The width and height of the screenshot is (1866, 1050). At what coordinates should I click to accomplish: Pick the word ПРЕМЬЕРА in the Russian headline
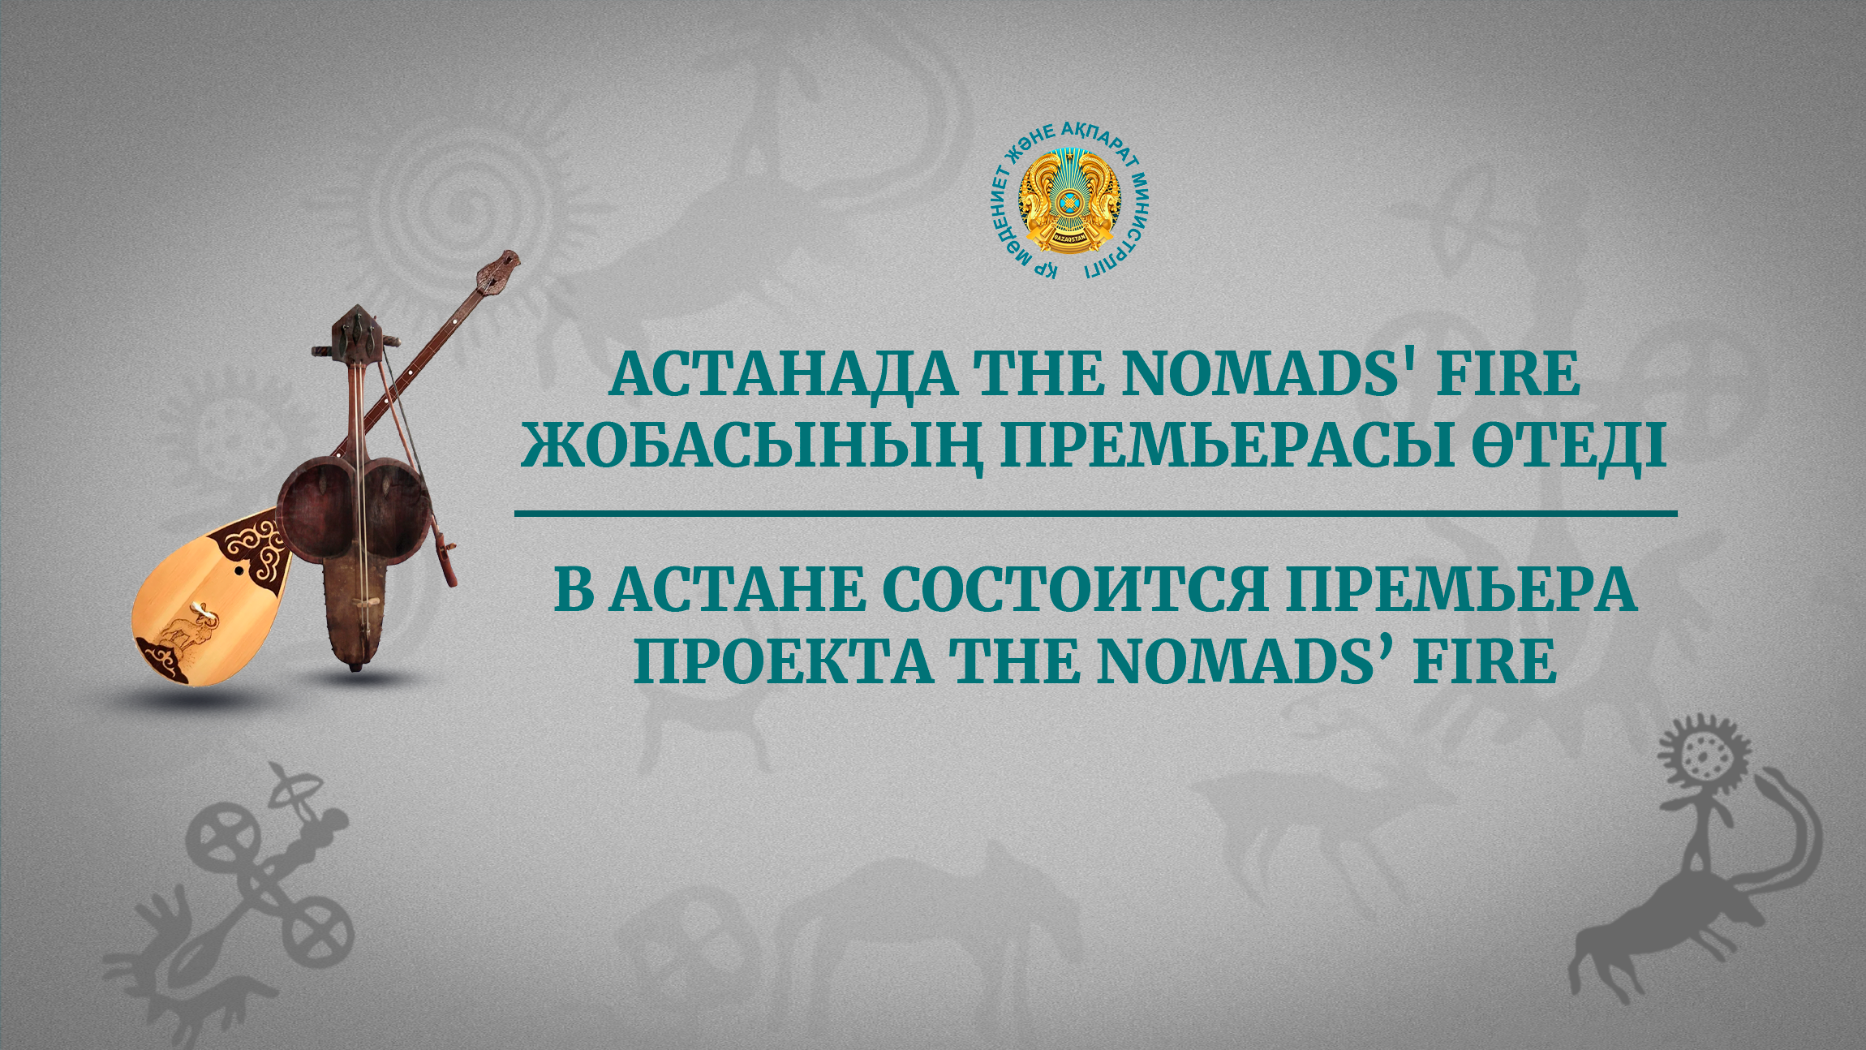tap(1460, 590)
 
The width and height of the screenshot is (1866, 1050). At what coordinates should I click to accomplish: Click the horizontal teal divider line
tap(1095, 513)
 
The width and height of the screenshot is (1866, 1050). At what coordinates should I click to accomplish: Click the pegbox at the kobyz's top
tap(355, 333)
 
